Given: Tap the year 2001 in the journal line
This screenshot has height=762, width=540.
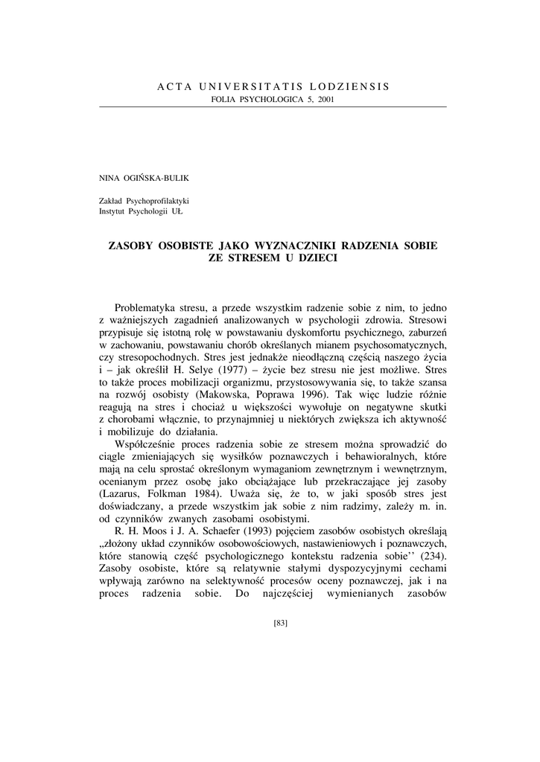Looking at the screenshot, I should click(x=325, y=100).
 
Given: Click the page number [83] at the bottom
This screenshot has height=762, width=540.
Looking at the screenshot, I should click(x=281, y=623).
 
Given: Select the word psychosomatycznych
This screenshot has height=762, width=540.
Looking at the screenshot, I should click(x=394, y=345).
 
